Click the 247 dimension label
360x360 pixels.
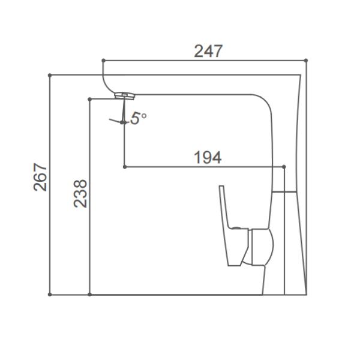tap(208, 52)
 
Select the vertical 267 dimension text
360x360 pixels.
tap(40, 177)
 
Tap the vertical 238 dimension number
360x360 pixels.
tap(81, 193)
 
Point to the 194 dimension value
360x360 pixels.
tap(208, 158)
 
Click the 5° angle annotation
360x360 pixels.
tap(139, 118)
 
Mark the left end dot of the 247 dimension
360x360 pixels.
tap(103, 61)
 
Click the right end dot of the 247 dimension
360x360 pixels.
tap(306, 61)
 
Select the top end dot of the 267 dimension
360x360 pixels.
tap(50, 76)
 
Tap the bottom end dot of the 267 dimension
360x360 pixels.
tap(50, 295)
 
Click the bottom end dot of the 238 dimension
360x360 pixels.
tap(89, 295)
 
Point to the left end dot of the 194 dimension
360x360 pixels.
tap(124, 167)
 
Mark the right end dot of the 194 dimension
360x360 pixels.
tap(284, 167)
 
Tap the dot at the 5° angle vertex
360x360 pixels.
tap(124, 122)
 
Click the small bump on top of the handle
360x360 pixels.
tap(237, 229)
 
